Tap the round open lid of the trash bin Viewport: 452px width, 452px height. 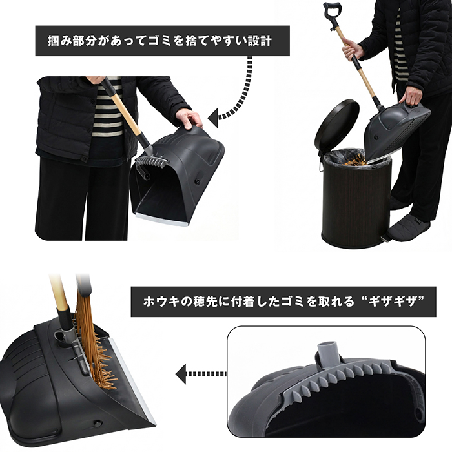(x=336, y=125)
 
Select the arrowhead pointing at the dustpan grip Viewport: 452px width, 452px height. (x=212, y=118)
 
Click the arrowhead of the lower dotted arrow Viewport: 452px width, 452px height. (x=181, y=374)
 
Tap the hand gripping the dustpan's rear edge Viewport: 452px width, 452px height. (x=189, y=118)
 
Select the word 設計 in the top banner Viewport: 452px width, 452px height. (x=260, y=41)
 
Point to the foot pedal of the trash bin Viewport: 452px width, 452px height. (x=385, y=238)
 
